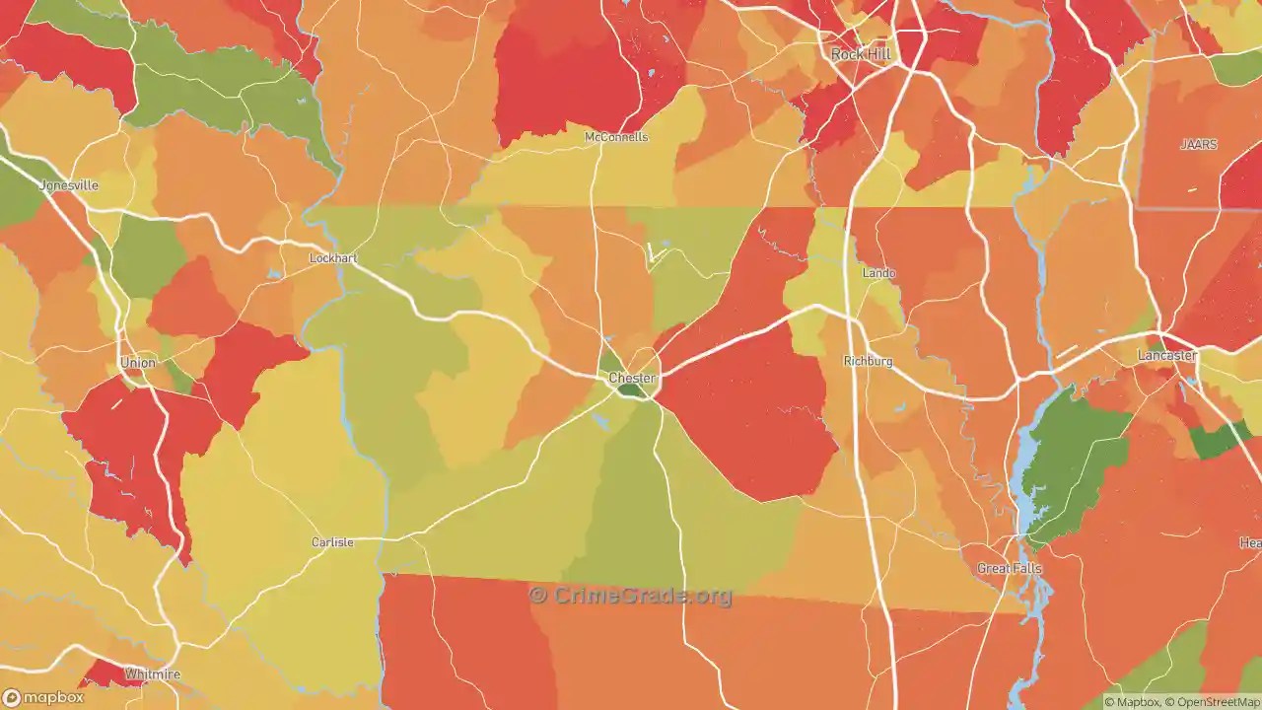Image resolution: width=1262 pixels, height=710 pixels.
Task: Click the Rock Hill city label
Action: (861, 54)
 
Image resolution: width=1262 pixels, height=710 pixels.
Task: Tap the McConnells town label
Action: (616, 137)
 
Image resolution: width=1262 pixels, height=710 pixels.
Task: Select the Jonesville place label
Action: (69, 185)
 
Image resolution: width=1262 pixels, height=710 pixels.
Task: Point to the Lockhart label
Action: (332, 258)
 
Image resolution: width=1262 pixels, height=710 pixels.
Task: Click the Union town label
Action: (138, 363)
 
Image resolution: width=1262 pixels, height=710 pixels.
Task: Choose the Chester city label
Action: (631, 378)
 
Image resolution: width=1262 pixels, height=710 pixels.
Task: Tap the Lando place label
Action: (878, 273)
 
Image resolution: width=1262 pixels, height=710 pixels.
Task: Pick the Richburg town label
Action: (868, 362)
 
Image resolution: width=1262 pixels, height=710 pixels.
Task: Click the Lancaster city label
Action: (1166, 355)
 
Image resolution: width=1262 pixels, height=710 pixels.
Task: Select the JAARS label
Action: (1199, 145)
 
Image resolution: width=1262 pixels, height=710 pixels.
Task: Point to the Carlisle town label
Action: (332, 542)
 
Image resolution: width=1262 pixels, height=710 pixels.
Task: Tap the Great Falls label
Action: (1009, 569)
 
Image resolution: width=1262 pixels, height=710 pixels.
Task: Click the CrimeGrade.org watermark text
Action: (631, 596)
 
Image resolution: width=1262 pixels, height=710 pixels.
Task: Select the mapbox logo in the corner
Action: (43, 697)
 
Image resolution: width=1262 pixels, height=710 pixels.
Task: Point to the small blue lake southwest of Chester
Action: (599, 422)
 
